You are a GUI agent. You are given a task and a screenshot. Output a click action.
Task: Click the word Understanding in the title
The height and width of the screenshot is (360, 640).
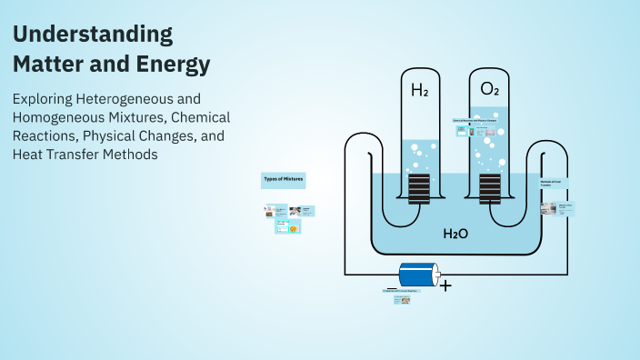93,35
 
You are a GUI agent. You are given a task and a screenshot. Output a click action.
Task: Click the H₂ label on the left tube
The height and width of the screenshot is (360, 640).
420,90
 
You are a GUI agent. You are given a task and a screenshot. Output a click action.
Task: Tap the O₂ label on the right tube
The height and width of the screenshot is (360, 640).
489,90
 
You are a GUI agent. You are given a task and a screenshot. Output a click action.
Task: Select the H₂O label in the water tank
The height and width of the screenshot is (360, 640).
455,234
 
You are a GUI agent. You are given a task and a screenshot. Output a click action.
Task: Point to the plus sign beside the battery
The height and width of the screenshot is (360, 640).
445,285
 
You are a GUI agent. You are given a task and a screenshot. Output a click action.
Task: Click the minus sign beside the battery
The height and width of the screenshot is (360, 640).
391,287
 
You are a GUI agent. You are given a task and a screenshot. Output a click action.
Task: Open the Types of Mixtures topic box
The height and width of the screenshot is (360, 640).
284,180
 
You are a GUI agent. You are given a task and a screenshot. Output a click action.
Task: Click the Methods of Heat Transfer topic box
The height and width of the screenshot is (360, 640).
555,185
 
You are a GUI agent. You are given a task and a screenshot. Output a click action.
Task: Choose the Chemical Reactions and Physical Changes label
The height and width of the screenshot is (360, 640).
475,120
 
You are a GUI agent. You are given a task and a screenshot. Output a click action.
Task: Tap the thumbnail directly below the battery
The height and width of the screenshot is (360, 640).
402,299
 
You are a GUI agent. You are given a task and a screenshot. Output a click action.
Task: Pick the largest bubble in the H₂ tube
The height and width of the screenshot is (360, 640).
415,147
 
